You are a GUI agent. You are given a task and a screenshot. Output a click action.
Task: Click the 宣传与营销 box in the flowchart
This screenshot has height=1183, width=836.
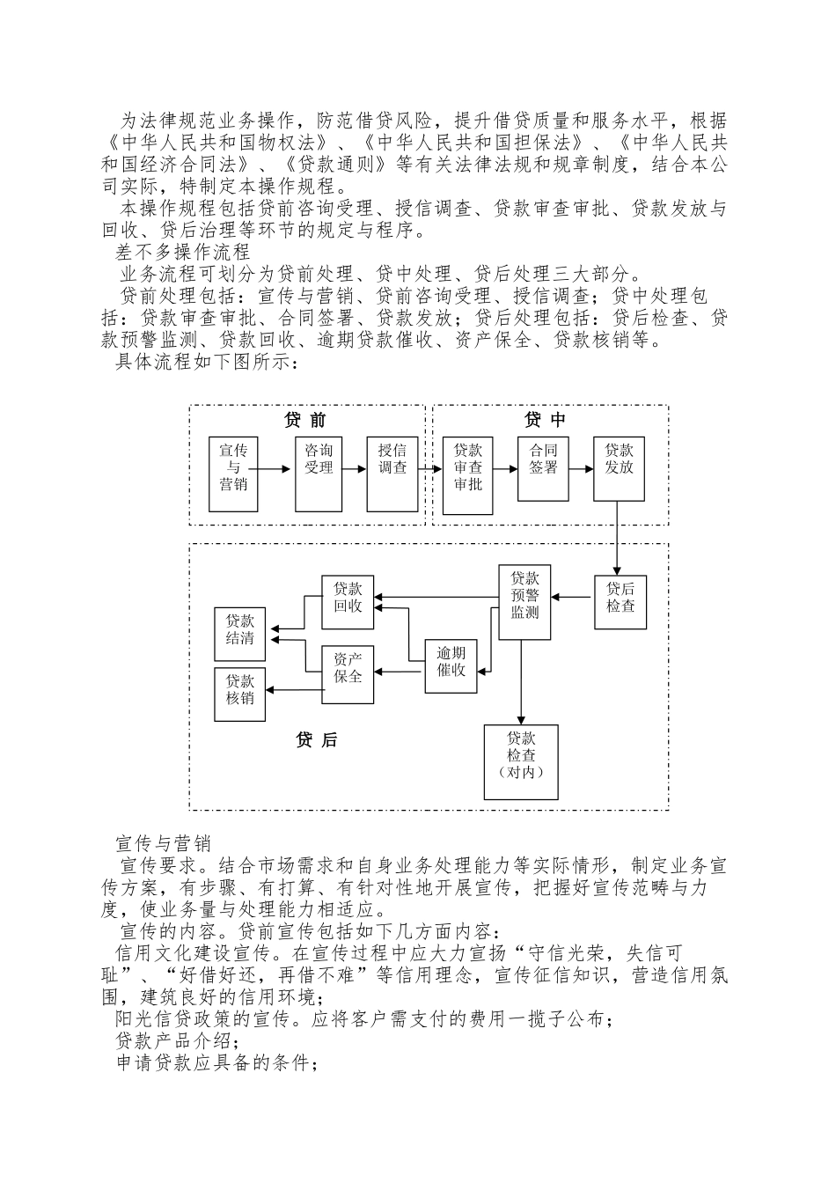click(x=233, y=474)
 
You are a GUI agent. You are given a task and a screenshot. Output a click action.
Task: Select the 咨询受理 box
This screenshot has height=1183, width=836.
click(x=319, y=474)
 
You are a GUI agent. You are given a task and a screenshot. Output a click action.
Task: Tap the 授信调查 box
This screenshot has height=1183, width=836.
click(x=393, y=474)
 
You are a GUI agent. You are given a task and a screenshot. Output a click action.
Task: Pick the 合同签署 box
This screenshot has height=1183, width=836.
click(x=543, y=468)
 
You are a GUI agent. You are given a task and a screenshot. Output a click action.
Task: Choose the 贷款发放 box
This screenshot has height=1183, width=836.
click(x=619, y=468)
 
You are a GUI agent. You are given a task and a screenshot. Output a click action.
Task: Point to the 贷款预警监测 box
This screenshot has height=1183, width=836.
click(x=524, y=602)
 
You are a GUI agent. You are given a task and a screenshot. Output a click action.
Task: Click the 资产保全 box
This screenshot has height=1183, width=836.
click(x=348, y=675)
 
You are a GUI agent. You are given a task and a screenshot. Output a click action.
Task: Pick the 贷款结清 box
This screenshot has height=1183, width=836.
click(x=240, y=634)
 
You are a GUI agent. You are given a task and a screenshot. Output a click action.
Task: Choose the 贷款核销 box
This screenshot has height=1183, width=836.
click(x=240, y=694)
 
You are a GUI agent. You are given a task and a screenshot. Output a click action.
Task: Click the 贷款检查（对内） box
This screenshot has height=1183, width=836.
click(x=521, y=761)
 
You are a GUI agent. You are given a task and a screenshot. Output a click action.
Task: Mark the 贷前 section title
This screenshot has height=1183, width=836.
click(x=305, y=420)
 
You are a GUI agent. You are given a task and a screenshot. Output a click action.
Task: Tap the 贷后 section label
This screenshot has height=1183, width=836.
click(x=316, y=740)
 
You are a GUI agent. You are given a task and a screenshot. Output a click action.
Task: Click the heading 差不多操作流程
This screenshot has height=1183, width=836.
click(x=183, y=253)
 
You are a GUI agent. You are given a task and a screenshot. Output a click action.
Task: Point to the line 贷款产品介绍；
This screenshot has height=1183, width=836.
click(x=171, y=1040)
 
